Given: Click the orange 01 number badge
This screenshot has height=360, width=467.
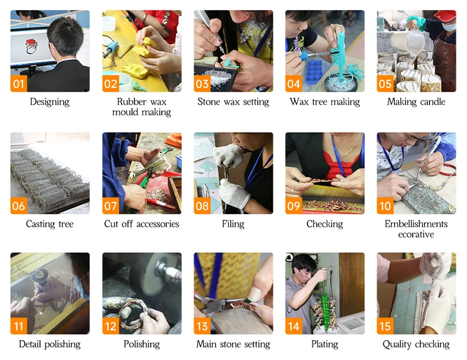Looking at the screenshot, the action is click(19, 83).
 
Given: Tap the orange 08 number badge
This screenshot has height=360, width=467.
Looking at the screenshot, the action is click(202, 206).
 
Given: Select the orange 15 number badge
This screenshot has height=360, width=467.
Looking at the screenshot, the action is click(385, 326).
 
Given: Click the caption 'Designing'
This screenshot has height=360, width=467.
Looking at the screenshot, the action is click(50, 102).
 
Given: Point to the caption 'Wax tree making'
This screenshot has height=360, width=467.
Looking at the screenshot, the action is click(324, 102).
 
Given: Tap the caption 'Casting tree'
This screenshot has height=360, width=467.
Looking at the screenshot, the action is click(50, 224).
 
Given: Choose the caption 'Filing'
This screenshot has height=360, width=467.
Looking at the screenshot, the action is click(233, 224).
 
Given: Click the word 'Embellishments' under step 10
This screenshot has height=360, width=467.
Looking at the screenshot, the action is click(416, 224).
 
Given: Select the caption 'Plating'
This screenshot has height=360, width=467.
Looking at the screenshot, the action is click(324, 344).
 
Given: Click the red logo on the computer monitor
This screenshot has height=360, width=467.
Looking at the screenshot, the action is click(31, 46).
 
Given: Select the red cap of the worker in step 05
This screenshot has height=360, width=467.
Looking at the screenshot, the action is click(445, 16).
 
